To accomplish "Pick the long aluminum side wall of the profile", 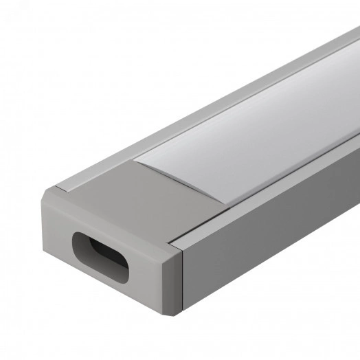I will click(275, 234).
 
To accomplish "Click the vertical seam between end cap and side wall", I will click(183, 282).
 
